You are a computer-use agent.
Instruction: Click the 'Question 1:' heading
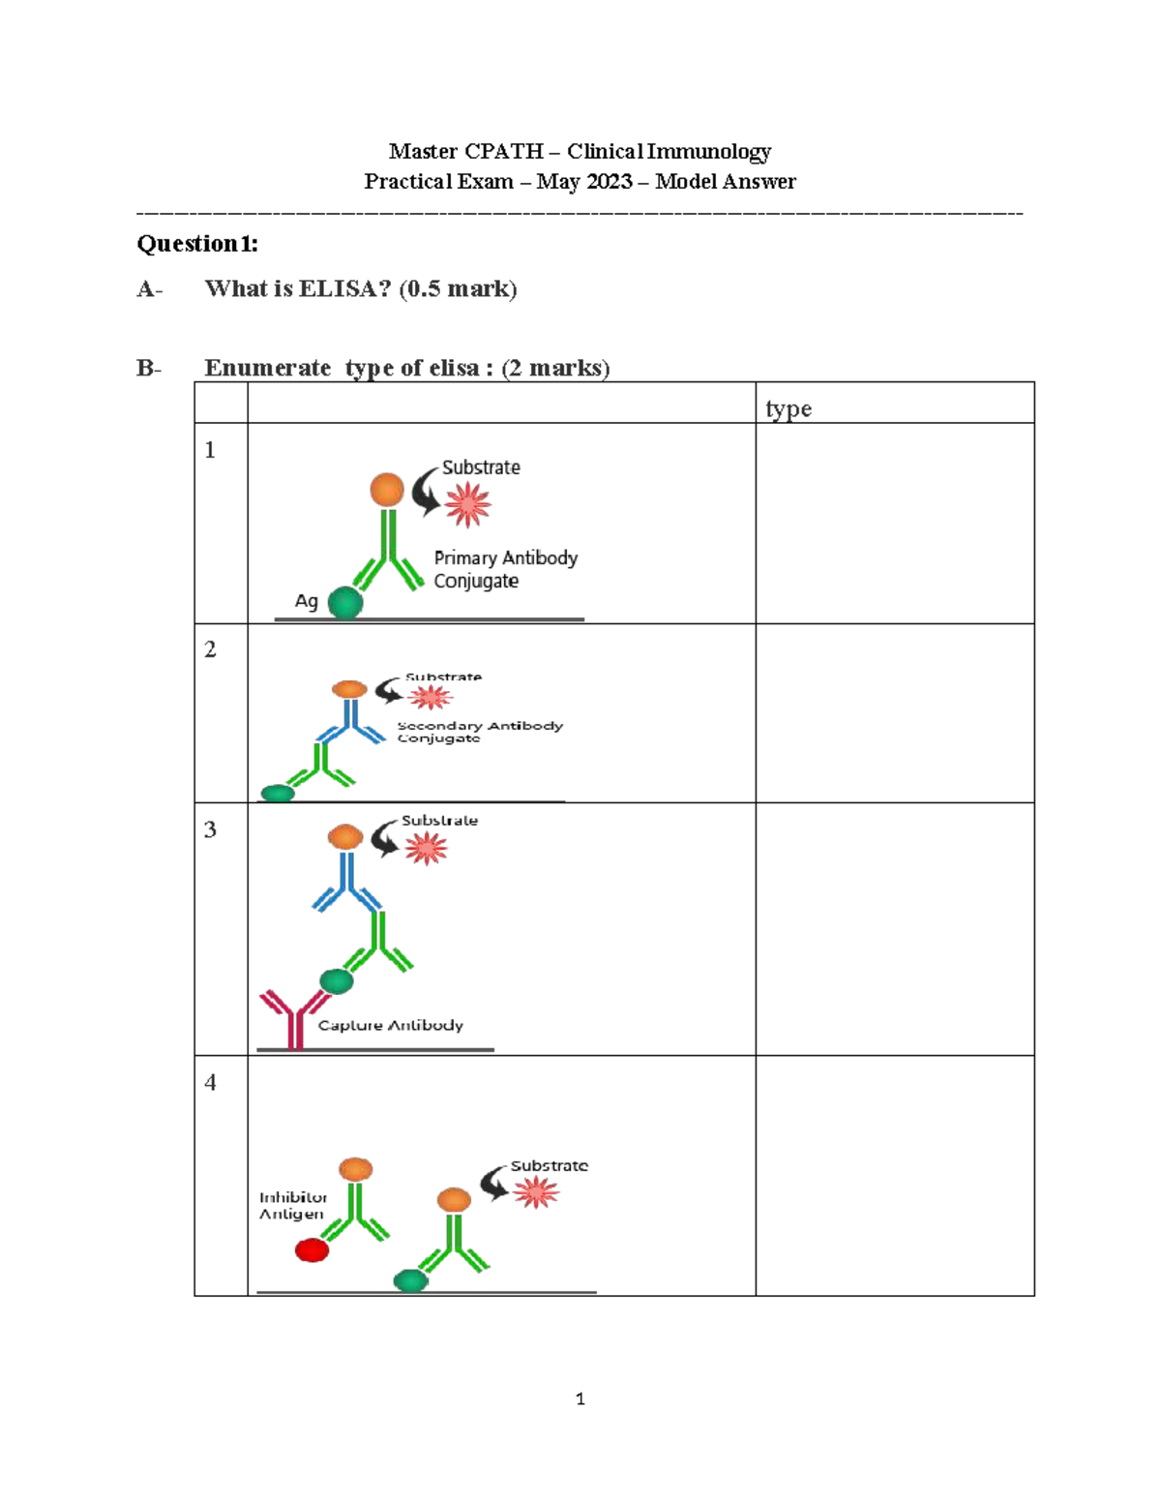pos(197,244)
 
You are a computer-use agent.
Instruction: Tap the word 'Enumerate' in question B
pos(268,368)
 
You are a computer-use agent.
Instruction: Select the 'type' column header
pos(789,408)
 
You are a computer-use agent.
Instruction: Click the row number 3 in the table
pos(210,829)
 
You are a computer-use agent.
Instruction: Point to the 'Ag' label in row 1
pos(307,601)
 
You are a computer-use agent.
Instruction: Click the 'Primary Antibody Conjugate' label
pos(505,569)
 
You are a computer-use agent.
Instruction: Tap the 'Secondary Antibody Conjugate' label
pos(480,732)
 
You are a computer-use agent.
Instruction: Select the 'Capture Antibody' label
pos(391,1025)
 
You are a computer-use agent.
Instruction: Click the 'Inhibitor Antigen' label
pos(292,1206)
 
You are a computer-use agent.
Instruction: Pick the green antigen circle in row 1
pos(345,602)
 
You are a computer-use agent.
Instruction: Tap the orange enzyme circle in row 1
pos(387,490)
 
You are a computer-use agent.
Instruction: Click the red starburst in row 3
pos(426,848)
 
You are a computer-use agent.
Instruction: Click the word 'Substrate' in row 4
pos(549,1165)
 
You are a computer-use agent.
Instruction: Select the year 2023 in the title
pos(609,181)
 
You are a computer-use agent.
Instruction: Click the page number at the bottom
pos(580,1399)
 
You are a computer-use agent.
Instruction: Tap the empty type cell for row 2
pos(895,713)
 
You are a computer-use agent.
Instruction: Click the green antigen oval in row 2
pos(278,793)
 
